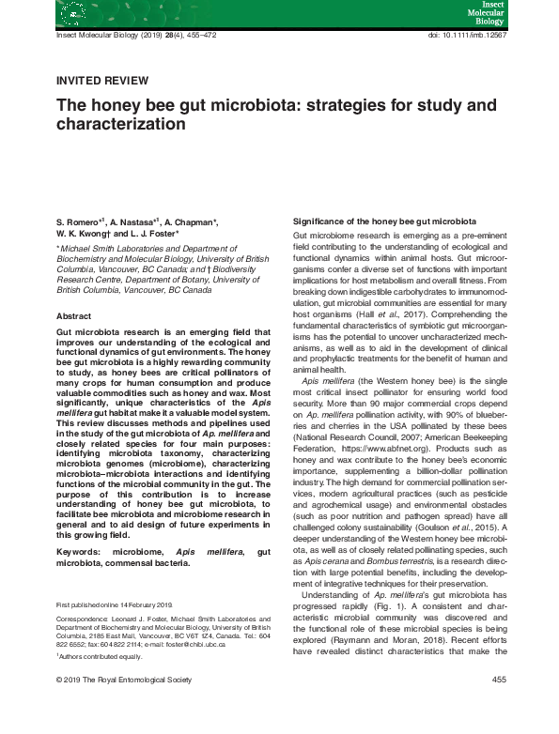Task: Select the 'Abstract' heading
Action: click(73, 316)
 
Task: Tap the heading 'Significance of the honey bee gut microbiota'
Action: click(376, 219)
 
